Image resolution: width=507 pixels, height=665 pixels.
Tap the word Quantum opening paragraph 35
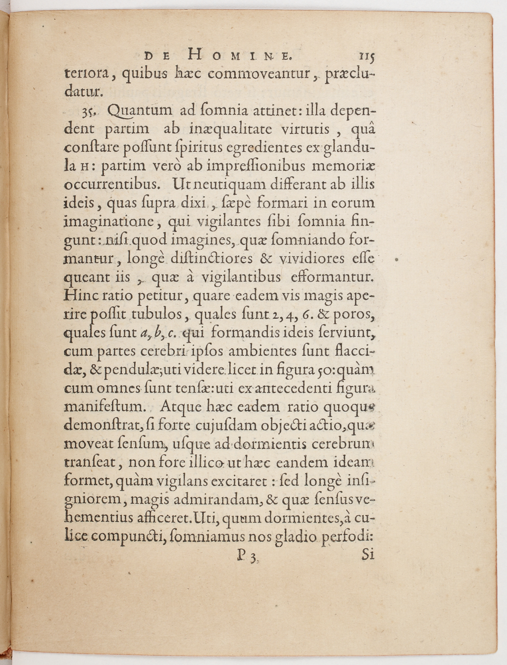tap(142, 112)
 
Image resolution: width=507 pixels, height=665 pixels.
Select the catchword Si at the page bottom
tap(367, 555)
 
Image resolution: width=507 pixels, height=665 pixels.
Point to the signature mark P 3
tap(246, 557)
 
